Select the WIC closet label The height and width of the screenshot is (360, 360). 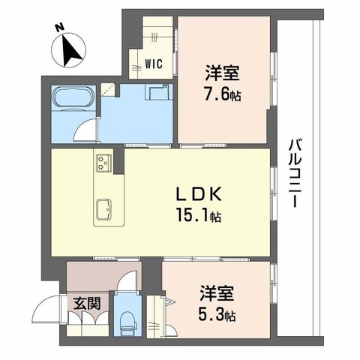point(154,65)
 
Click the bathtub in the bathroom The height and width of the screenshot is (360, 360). point(70,99)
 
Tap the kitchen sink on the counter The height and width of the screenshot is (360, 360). point(103,208)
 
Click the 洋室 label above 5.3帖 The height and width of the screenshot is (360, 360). point(214,291)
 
